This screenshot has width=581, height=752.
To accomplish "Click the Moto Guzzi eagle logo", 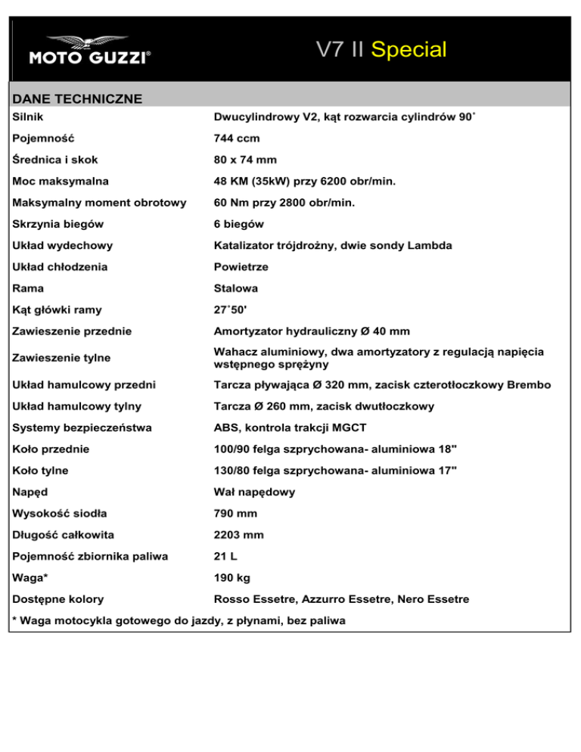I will click(x=89, y=42).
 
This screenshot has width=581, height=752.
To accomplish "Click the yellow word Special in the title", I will click(x=409, y=50).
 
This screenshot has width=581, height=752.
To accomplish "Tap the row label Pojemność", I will click(x=44, y=138).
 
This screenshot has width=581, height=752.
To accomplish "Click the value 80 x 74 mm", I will click(x=245, y=160).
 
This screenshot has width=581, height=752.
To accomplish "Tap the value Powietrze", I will click(x=241, y=267).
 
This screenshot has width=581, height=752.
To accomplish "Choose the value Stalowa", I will click(x=235, y=288).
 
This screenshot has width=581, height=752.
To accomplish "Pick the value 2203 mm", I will click(x=238, y=535).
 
